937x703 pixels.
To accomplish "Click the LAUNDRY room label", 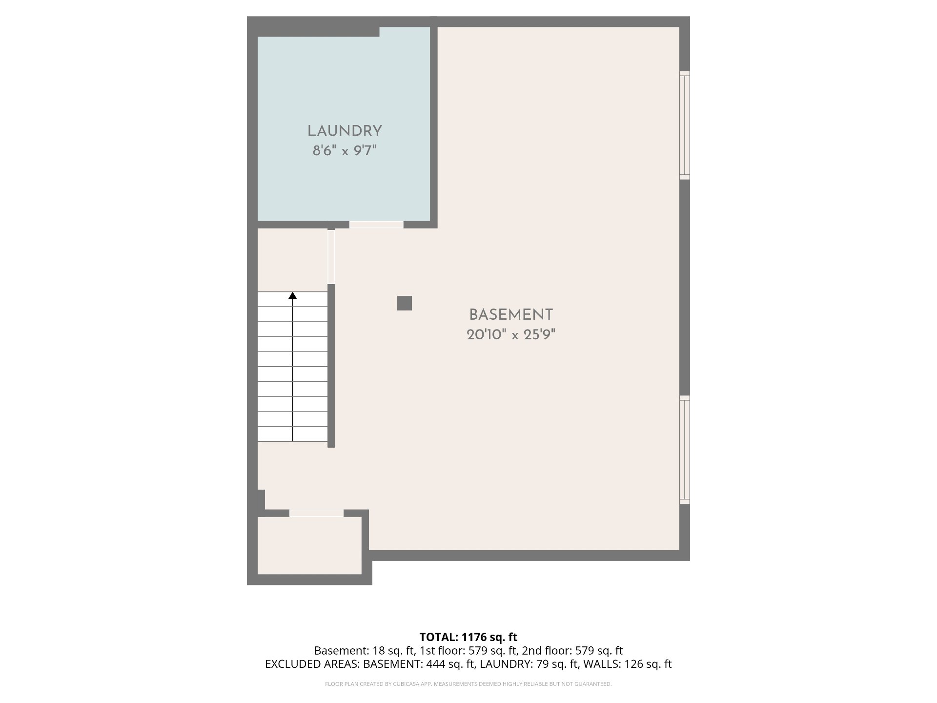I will tap(345, 131).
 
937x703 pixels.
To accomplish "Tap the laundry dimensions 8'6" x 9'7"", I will tap(345, 151).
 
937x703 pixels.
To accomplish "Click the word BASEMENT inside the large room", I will tap(511, 314).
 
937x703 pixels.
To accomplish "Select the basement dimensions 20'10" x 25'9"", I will tap(511, 335).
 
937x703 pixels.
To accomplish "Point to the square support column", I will tap(404, 303).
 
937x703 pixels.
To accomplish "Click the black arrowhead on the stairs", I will tap(293, 295).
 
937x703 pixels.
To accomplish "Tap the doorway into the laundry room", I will tap(376, 225).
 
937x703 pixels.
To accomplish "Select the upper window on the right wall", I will tap(685, 124).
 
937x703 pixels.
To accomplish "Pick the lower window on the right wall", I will tap(685, 449).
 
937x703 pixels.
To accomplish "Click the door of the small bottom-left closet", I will tap(316, 513).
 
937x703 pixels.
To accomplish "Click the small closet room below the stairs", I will tap(309, 545).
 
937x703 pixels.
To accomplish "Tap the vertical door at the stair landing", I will tap(331, 257).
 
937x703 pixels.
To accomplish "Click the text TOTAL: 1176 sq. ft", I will tap(468, 637).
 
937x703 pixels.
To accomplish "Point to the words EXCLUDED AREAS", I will tap(312, 664).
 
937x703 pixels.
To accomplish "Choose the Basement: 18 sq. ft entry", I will tap(365, 651).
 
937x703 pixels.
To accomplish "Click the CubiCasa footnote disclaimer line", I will tap(468, 684).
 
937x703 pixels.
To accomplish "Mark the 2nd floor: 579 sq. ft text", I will tap(572, 651).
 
